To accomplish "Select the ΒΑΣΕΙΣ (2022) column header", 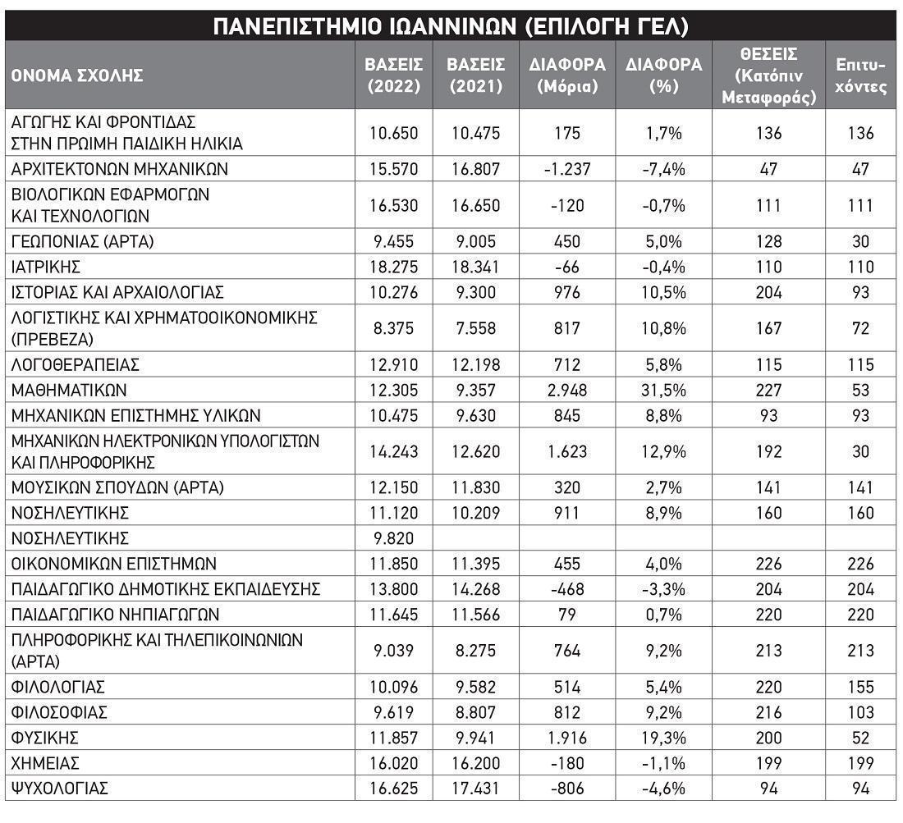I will click(x=394, y=75).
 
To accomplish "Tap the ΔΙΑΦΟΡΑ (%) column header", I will click(x=663, y=75).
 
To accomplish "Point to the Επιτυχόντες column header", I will click(x=860, y=75).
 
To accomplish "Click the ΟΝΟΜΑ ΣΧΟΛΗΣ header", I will click(x=77, y=75).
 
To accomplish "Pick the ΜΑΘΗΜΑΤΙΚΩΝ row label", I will click(x=69, y=390).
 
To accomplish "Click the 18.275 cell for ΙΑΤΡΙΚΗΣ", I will click(x=394, y=267).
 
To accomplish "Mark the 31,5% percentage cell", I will click(x=663, y=390).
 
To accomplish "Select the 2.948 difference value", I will click(x=566, y=390).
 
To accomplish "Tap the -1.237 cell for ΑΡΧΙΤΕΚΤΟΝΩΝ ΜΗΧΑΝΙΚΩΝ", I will click(x=566, y=169).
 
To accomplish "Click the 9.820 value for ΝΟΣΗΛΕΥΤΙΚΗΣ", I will click(x=394, y=538).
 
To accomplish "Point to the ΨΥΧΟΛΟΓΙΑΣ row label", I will click(x=59, y=789).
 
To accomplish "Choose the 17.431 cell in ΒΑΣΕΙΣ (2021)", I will click(x=476, y=789).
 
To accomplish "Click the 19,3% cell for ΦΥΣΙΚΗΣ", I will click(x=663, y=738).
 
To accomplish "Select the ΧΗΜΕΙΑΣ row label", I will click(x=45, y=763).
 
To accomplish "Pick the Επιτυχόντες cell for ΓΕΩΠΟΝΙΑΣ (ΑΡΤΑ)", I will click(x=860, y=241).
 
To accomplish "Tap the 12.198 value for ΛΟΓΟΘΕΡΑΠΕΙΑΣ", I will click(x=476, y=364).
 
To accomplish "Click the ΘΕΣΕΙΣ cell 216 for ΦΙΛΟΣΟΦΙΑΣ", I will click(x=768, y=712).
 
